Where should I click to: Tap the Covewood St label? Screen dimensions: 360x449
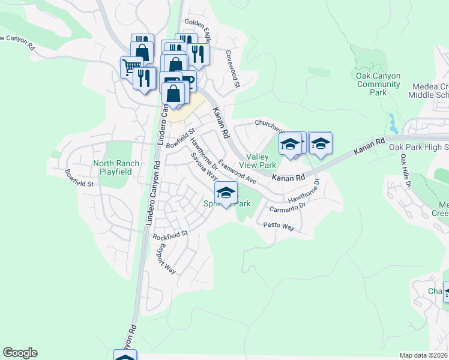pos(232,68)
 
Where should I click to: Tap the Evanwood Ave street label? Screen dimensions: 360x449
pos(237,172)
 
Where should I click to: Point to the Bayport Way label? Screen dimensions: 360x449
pos(167,259)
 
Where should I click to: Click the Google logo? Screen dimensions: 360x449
pos(20,353)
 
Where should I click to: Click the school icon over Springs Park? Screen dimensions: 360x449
pos(226,193)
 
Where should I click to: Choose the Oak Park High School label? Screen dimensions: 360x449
pos(418,147)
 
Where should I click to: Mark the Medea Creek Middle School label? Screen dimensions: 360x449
pos(428,90)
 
